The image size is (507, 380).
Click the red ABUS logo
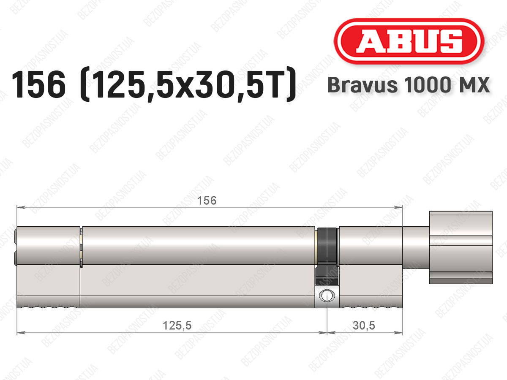pyautogui.click(x=409, y=41)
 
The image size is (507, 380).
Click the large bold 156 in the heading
pyautogui.click(x=39, y=84)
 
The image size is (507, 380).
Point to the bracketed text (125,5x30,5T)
pyautogui.click(x=187, y=84)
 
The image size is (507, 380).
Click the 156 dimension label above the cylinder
pyautogui.click(x=207, y=201)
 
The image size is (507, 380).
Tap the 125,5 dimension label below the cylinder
pyautogui.click(x=177, y=326)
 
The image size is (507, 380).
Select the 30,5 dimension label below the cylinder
pyautogui.click(x=364, y=325)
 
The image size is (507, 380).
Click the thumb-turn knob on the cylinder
pyautogui.click(x=461, y=247)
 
